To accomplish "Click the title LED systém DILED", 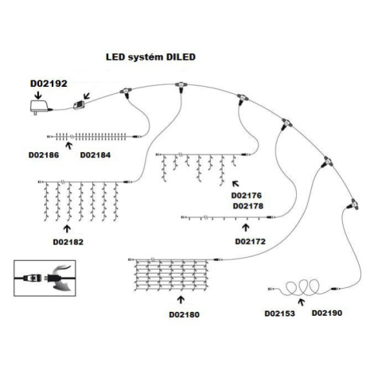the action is [150, 57].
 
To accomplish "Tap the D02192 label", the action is [49, 84].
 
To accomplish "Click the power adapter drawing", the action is [40, 107].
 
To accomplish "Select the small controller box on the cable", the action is [79, 105].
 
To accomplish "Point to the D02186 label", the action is [44, 155].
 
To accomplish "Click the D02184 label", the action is [95, 155].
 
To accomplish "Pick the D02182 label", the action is [68, 242].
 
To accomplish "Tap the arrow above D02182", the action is [67, 229].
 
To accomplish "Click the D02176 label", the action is [247, 196].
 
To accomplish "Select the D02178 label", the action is [248, 206].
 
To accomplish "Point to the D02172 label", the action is [251, 241].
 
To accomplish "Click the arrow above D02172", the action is [246, 228].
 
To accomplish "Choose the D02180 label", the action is [184, 314].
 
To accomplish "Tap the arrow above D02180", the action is [181, 300].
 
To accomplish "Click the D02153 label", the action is [280, 314].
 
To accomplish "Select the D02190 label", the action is [327, 313].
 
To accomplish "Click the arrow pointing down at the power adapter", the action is [38, 95].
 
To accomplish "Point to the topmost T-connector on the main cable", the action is [181, 87].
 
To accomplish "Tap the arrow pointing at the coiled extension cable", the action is [301, 302].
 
